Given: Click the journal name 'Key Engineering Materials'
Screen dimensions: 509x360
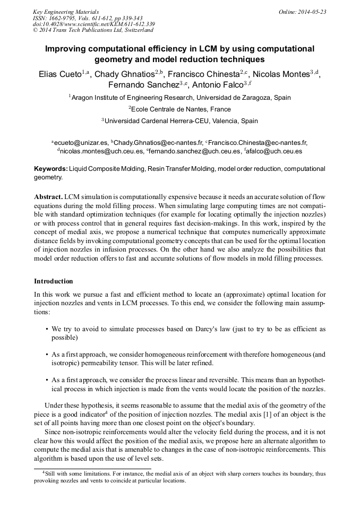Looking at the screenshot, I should tap(66, 11).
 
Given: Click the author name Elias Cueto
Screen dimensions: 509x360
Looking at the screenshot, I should tap(60, 74).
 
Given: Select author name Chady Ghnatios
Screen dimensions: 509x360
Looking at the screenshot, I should tap(127, 74).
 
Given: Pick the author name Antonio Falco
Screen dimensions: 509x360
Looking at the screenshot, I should tap(218, 85).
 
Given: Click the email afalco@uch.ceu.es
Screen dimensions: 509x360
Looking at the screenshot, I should tap(275, 151).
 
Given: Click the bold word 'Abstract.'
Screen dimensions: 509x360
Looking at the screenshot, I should tap(48, 196).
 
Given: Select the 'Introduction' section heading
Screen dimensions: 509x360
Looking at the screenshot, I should tap(54, 281).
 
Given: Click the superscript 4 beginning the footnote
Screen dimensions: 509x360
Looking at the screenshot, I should tap(44, 471).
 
